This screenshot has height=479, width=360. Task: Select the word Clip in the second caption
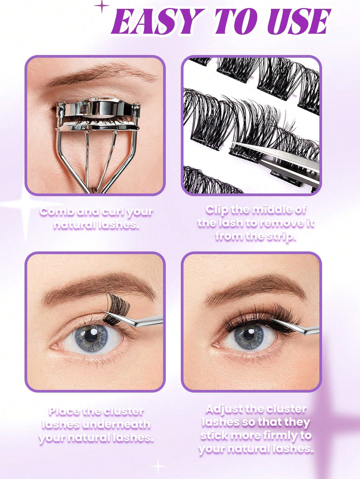217,210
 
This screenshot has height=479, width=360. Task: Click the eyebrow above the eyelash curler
101,75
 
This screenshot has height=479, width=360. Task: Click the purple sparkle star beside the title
102,6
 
